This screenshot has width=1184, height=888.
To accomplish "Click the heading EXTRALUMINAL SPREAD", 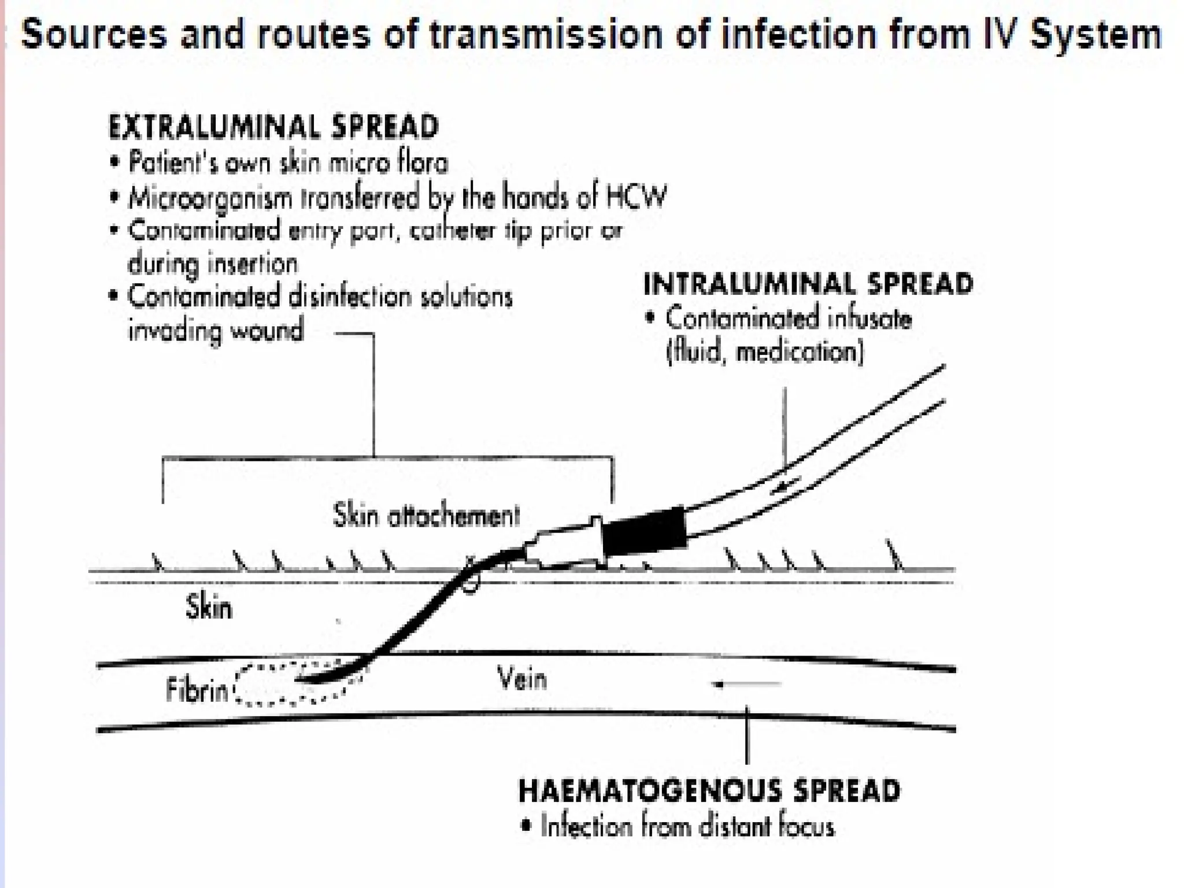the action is [x=273, y=127].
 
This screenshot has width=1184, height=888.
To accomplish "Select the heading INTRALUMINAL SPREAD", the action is [x=808, y=284].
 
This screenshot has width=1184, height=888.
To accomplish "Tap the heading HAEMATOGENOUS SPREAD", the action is [x=709, y=791].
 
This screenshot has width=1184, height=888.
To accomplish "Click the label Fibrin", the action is [x=197, y=690].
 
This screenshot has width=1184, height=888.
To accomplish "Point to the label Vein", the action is [x=521, y=679].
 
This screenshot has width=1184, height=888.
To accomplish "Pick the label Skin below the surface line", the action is [x=209, y=608].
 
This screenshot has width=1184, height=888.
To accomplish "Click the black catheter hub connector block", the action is [x=643, y=531].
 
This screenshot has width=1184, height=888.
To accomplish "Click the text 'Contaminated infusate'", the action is [x=789, y=319].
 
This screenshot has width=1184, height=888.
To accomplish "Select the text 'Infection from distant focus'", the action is [x=687, y=827].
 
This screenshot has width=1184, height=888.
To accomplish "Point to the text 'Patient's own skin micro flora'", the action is [x=288, y=163].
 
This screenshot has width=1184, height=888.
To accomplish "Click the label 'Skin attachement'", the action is [x=426, y=515].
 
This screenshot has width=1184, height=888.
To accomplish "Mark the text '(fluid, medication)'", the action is [x=765, y=352].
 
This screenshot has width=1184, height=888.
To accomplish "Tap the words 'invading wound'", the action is [x=215, y=331].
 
